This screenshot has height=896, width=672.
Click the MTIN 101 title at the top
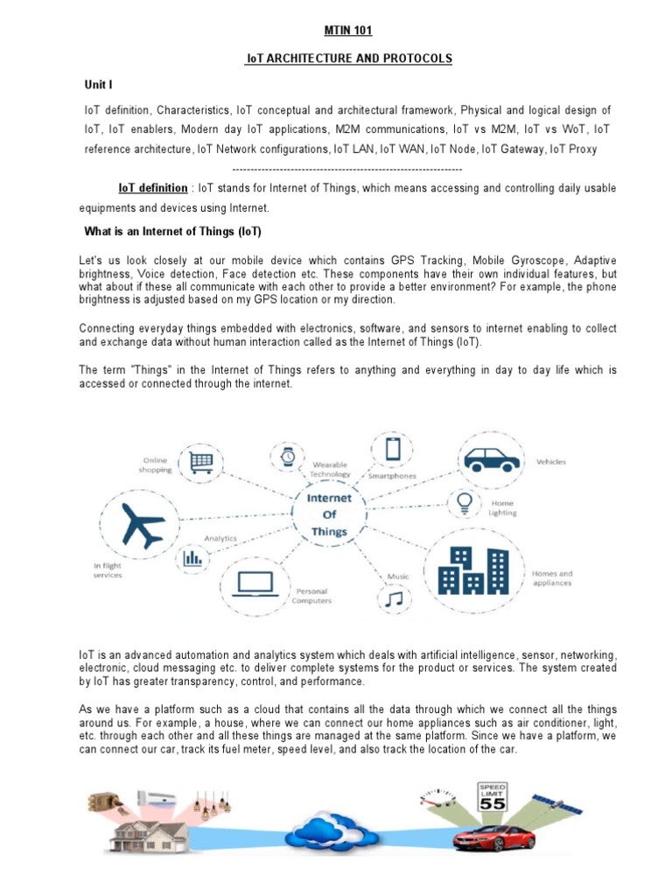point(348,31)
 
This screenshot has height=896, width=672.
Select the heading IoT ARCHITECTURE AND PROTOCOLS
point(348,59)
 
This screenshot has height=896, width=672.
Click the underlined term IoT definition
point(153,188)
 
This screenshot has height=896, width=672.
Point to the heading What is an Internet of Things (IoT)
point(172,232)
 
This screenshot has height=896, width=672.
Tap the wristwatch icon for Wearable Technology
point(287,455)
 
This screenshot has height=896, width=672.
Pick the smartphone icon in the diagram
point(393,450)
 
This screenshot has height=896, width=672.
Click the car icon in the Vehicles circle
point(491,458)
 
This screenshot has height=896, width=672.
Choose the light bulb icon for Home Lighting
point(465,503)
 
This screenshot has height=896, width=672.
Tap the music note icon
point(395,598)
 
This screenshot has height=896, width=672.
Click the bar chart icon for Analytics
point(192,556)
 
